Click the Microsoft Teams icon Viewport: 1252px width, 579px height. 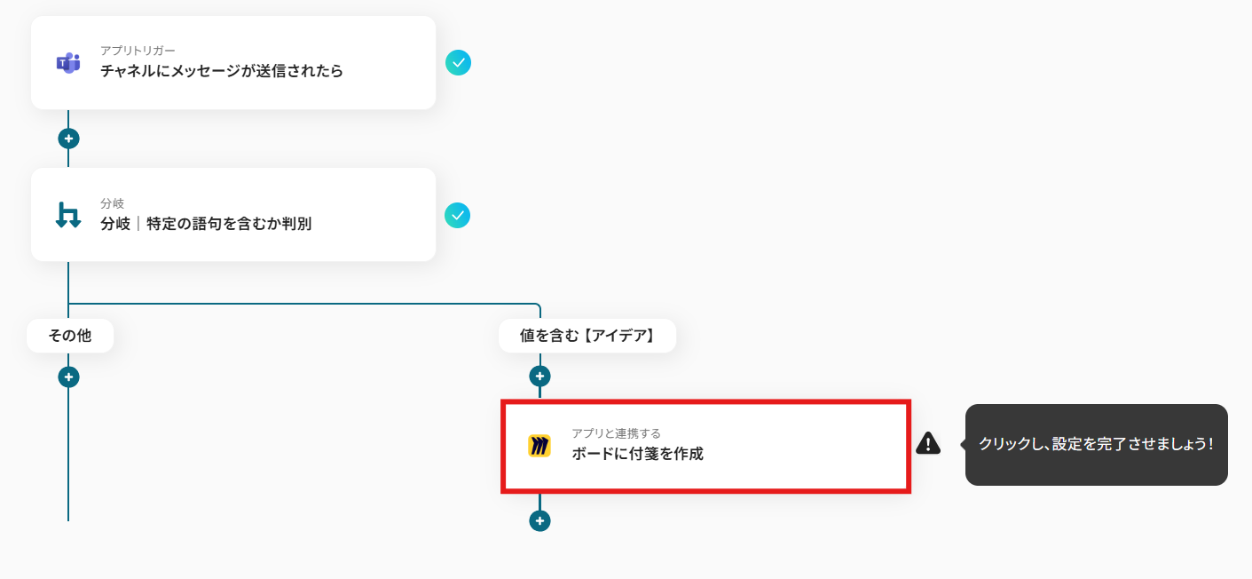coord(68,63)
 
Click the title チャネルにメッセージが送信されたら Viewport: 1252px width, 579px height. coord(221,71)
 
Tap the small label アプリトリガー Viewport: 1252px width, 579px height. coord(138,51)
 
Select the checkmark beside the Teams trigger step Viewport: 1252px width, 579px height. coord(459,63)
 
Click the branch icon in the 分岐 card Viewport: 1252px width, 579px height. coord(68,216)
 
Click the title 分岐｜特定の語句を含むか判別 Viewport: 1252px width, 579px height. coord(206,224)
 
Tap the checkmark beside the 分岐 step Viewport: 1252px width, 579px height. coord(457,216)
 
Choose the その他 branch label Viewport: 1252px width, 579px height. coord(70,336)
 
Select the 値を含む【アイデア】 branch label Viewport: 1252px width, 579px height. coord(587,336)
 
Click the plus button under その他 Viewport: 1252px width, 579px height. coord(68,377)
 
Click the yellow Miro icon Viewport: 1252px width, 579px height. coord(539,446)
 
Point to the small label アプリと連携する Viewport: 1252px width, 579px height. coord(616,433)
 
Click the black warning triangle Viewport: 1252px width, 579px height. coord(928,443)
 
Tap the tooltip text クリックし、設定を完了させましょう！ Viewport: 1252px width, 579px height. coord(1097,444)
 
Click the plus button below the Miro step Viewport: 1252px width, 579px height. coord(539,520)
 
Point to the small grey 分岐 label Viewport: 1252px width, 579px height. coord(113,203)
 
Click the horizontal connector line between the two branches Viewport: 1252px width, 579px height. coord(304,304)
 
